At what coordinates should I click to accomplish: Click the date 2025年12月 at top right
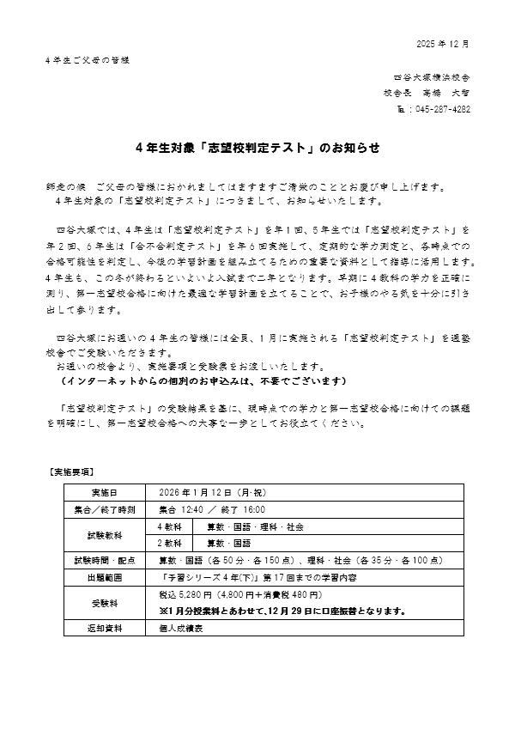[x=443, y=43]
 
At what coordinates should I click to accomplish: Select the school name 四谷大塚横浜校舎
[x=433, y=76]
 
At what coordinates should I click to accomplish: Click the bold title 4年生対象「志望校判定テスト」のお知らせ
[x=257, y=148]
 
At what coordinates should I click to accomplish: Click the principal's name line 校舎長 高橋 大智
[x=427, y=93]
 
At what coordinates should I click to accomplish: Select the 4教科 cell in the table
[x=169, y=526]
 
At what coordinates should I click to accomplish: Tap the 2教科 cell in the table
[x=169, y=543]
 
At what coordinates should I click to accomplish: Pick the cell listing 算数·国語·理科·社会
[x=244, y=526]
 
